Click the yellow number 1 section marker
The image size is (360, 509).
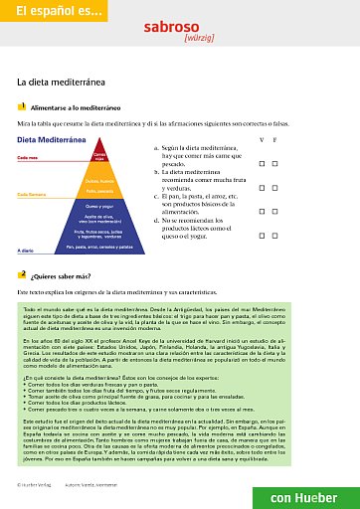(22, 105)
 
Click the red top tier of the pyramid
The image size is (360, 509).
(98, 156)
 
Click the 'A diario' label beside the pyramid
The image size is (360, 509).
(27, 251)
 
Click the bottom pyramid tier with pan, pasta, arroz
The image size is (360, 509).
(97, 246)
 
